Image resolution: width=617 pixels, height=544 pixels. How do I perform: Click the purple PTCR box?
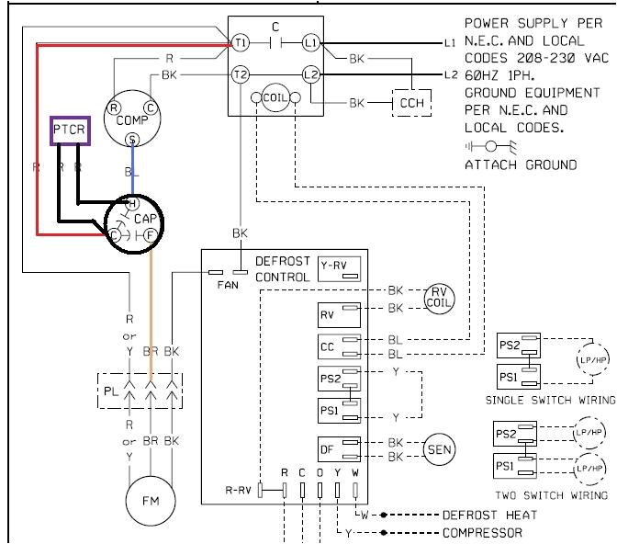click(x=69, y=130)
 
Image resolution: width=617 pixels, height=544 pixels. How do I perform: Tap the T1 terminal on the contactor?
click(x=241, y=43)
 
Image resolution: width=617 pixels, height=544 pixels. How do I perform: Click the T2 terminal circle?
click(x=241, y=74)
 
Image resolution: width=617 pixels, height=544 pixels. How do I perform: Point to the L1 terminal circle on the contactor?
click(x=310, y=43)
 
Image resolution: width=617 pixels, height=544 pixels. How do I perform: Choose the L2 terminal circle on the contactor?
click(x=310, y=74)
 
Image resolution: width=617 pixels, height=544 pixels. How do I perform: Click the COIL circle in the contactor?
click(x=275, y=98)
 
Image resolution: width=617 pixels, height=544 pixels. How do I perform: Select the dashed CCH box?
click(x=412, y=104)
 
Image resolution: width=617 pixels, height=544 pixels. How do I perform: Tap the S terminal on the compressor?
click(x=132, y=140)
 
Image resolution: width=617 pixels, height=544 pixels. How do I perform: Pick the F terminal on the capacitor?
click(x=151, y=235)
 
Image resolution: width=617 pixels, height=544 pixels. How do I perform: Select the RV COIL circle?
click(x=439, y=299)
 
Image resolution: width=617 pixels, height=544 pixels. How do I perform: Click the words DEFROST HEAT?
click(x=489, y=516)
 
